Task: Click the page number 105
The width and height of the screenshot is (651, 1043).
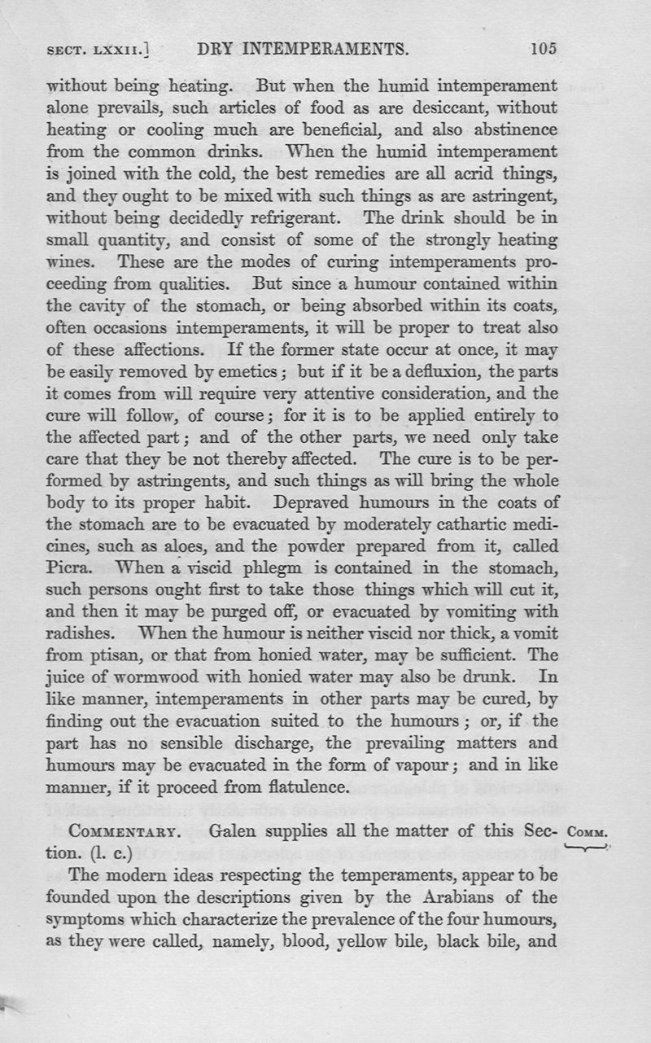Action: pos(543,49)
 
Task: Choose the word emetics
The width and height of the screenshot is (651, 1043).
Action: pos(249,370)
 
